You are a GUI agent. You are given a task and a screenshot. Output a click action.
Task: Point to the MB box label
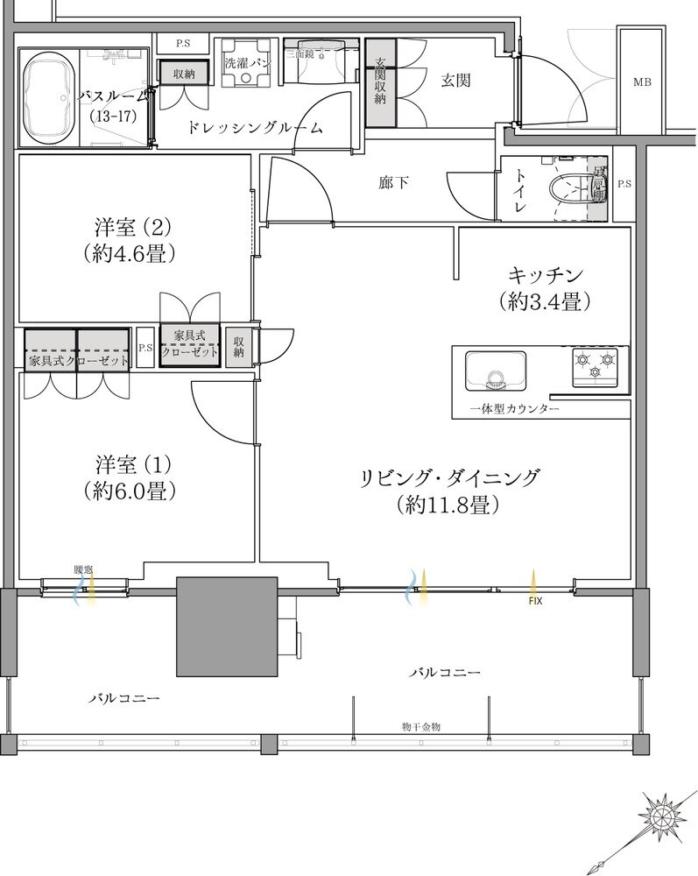click(x=642, y=83)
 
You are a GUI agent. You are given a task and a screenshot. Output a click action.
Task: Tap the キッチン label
click(x=540, y=272)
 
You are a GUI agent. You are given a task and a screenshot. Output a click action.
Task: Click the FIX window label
click(x=532, y=602)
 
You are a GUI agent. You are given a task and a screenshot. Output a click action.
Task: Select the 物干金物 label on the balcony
click(x=421, y=727)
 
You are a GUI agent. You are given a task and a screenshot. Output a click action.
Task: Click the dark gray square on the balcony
click(x=227, y=626)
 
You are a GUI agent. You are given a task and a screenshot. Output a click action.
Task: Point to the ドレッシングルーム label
click(x=254, y=128)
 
